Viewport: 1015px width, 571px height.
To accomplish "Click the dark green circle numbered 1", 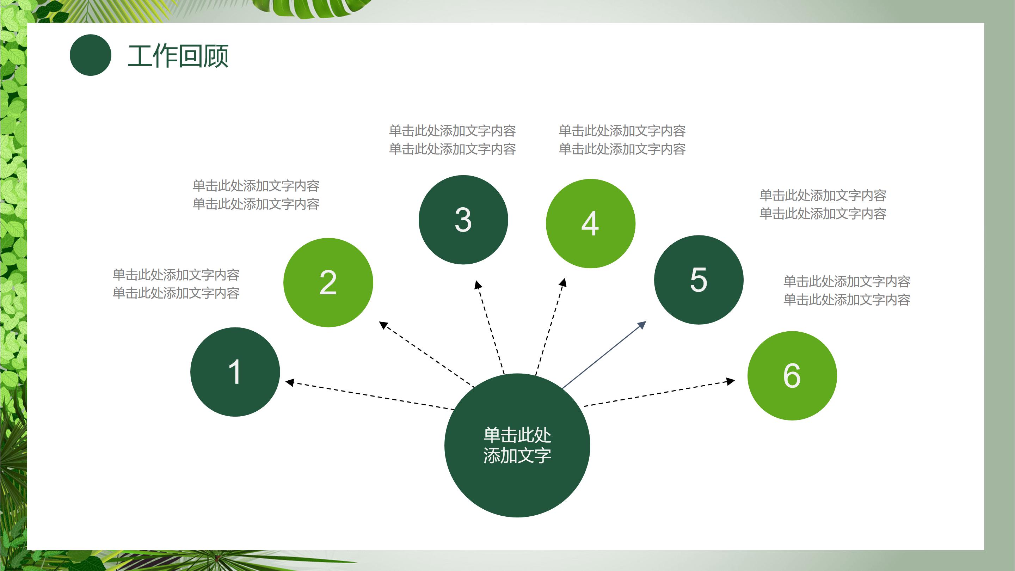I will point(235,372).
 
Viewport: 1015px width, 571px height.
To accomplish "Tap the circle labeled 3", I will point(463,220).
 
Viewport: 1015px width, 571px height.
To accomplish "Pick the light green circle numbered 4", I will point(590,223).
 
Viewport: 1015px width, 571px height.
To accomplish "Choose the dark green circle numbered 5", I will point(698,280).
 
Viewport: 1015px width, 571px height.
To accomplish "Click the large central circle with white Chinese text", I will point(517,445).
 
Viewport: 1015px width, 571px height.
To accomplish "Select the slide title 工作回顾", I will point(178,56).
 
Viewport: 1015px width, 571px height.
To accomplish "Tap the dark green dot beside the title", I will point(90,55).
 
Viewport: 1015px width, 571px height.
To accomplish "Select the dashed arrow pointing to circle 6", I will point(659,393).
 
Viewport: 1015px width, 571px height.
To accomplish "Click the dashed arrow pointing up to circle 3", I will point(491,327).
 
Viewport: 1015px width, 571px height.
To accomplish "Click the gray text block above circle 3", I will point(452,140).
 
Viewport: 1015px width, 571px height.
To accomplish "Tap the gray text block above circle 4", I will point(622,140).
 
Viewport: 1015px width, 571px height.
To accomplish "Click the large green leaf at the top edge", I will point(311,8).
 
